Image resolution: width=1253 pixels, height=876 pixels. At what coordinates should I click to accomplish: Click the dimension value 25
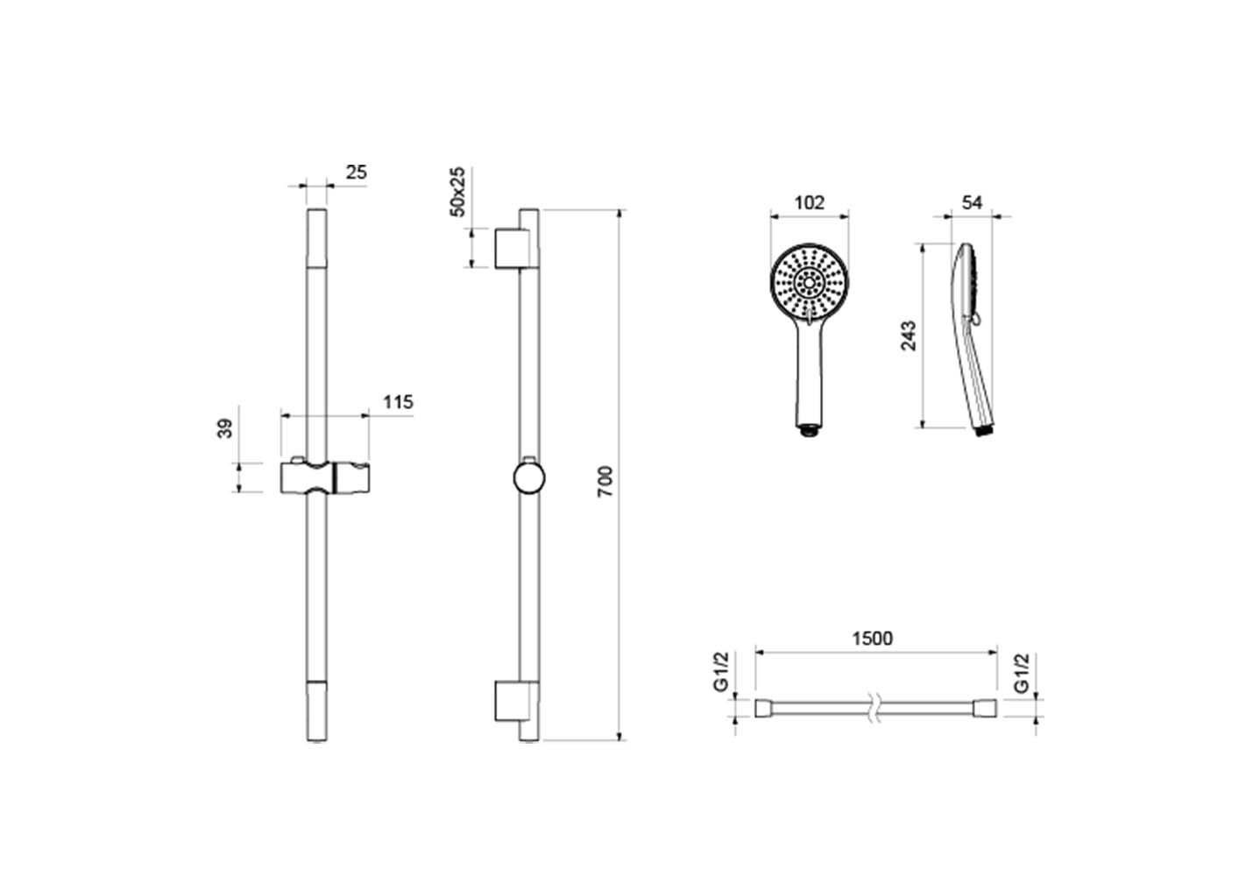pyautogui.click(x=356, y=173)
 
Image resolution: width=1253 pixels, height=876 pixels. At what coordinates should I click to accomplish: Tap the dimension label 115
pyautogui.click(x=398, y=401)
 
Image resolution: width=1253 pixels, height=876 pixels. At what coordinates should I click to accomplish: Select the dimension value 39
pyautogui.click(x=225, y=428)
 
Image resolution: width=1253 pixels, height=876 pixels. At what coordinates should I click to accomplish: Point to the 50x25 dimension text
pyautogui.click(x=457, y=191)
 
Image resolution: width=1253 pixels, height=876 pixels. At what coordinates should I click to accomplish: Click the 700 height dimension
pyautogui.click(x=605, y=481)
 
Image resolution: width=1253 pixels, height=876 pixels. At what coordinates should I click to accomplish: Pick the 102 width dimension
pyautogui.click(x=810, y=202)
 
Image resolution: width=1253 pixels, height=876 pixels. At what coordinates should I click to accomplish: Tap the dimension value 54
pyautogui.click(x=973, y=202)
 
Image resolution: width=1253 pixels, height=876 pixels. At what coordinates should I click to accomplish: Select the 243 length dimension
pyautogui.click(x=909, y=336)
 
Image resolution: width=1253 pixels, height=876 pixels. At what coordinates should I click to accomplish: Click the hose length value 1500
pyautogui.click(x=872, y=639)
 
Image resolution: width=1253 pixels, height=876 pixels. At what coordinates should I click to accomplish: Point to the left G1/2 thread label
pyautogui.click(x=722, y=671)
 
